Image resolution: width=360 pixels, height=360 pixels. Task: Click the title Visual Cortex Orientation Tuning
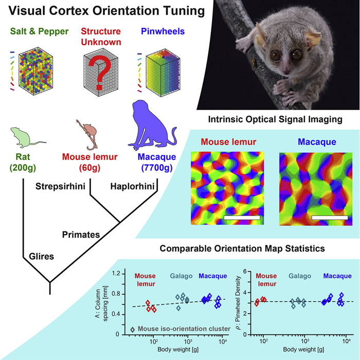(96, 10)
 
